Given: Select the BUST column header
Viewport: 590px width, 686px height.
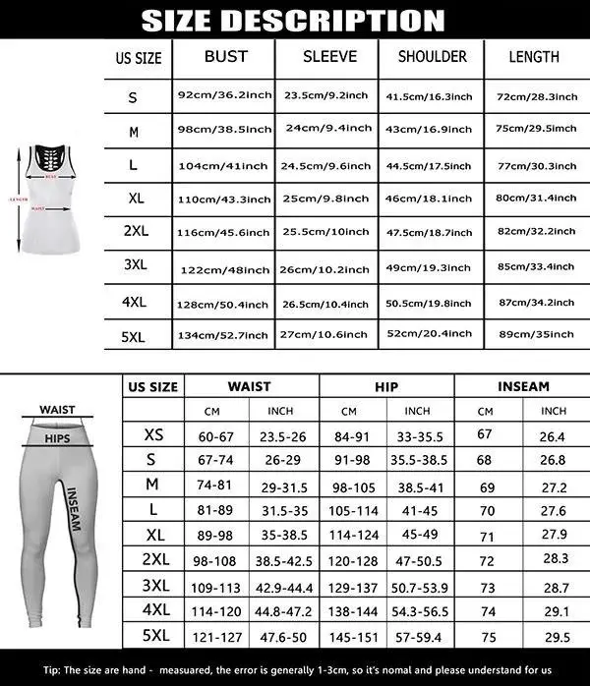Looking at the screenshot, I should tap(225, 57).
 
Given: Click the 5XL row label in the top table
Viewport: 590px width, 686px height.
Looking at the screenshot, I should tap(133, 335).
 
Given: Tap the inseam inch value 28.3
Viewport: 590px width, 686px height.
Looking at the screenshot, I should tap(555, 557).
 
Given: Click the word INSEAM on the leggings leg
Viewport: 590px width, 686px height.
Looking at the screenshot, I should tap(73, 509).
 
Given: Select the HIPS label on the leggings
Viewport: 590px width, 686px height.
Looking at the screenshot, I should tap(56, 438).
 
